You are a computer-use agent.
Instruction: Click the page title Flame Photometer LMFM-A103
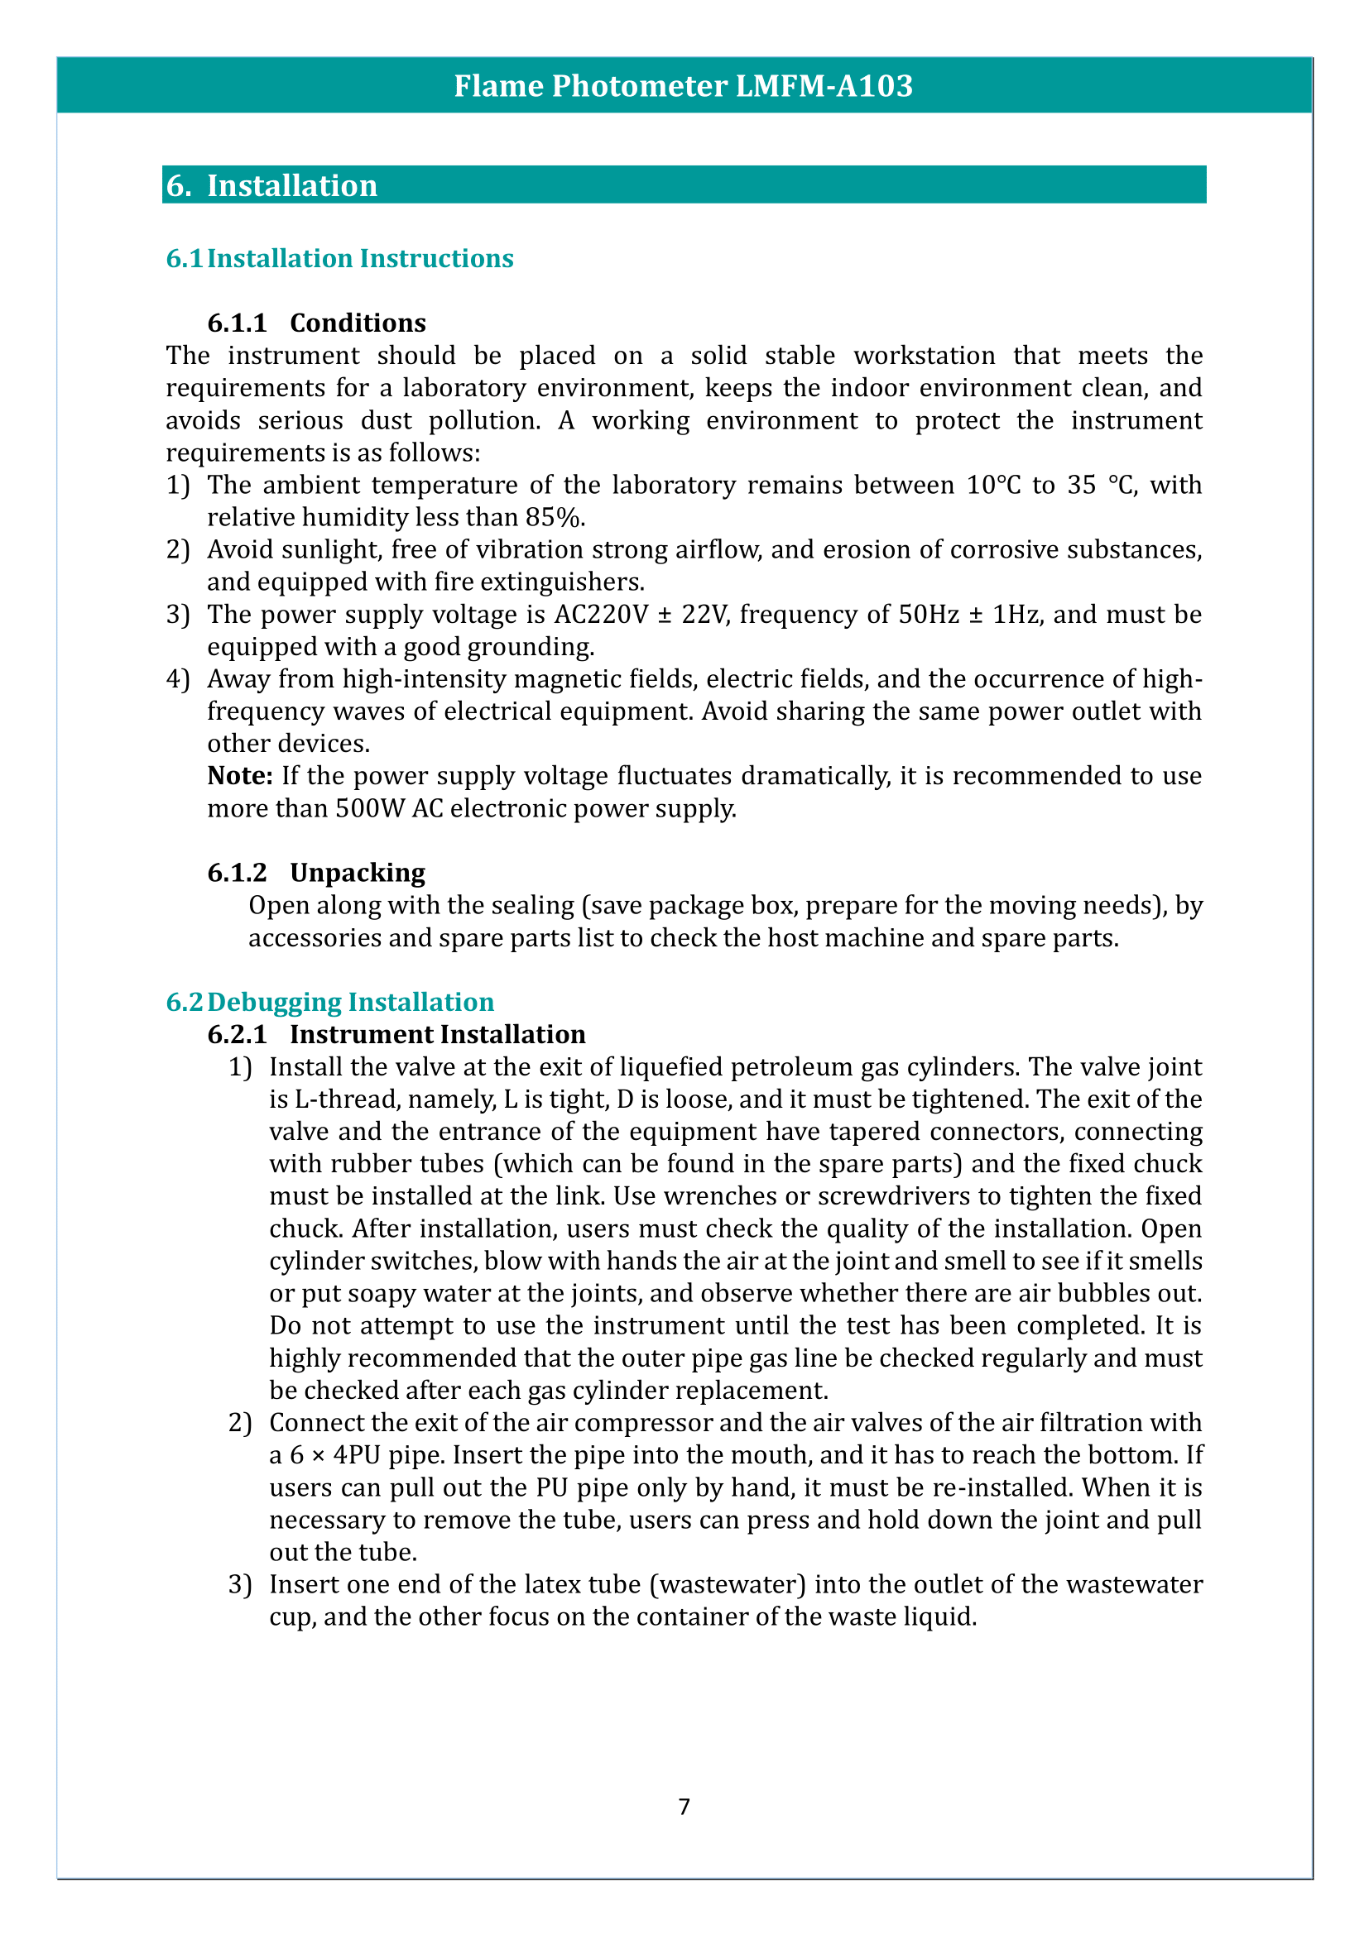point(683,86)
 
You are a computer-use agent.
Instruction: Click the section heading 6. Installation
point(271,185)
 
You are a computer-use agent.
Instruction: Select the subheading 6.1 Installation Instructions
point(339,258)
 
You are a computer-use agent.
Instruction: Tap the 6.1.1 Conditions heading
point(316,323)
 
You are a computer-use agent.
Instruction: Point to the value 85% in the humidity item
point(554,516)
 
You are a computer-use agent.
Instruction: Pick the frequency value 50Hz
point(929,615)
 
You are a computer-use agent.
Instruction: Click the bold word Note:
point(240,775)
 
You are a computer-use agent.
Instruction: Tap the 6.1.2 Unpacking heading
point(316,872)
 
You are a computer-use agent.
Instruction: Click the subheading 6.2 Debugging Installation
point(329,1002)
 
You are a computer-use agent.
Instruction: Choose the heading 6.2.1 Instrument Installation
point(396,1034)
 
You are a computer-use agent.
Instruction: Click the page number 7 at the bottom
point(684,1807)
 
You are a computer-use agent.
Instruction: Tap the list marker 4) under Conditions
point(178,679)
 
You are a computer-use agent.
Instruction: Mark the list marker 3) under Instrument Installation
point(240,1584)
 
